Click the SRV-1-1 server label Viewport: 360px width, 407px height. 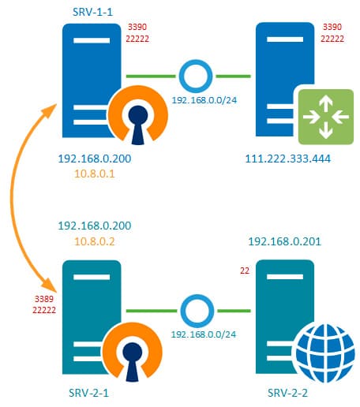tap(92, 12)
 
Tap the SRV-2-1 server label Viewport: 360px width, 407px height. tap(88, 393)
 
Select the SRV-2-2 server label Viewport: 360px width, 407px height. tap(287, 393)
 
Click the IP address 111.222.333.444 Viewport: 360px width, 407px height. tap(288, 159)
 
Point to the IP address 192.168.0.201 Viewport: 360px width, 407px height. tap(285, 241)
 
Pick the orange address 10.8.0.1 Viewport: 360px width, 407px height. tap(95, 174)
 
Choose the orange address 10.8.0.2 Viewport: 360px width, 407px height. tap(95, 241)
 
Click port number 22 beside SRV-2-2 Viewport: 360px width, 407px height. tap(245, 271)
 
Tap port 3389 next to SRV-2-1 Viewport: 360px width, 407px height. tap(44, 299)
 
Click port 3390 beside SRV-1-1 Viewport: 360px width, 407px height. tap(137, 27)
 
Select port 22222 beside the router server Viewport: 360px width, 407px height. tap(332, 39)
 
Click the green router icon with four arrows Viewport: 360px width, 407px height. tap(326, 117)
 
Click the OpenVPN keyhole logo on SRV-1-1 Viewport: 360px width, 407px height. tap(138, 115)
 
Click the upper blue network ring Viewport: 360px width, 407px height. tap(196, 62)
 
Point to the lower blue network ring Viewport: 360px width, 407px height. tap(197, 297)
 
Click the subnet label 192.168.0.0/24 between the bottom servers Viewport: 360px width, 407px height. tap(204, 334)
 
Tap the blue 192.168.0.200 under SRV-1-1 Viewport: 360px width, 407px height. tap(95, 159)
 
